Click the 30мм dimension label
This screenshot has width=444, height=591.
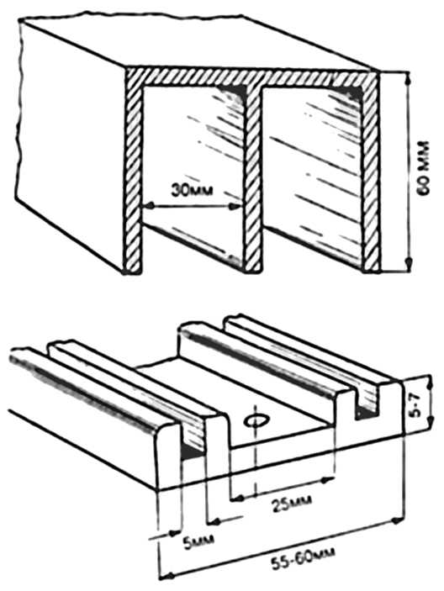pos(192,190)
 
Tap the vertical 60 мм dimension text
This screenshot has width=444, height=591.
pos(424,168)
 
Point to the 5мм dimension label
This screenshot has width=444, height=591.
pos(198,541)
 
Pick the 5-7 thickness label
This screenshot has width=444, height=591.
pos(416,406)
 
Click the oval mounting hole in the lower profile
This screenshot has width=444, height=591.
pos(256,420)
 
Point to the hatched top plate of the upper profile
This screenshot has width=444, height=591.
pos(251,78)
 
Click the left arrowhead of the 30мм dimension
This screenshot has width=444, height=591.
pos(150,206)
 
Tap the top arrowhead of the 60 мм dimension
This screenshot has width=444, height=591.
pos(407,78)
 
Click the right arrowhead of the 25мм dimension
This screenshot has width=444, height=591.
pos(329,479)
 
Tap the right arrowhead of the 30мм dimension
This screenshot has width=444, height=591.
pos(237,206)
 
